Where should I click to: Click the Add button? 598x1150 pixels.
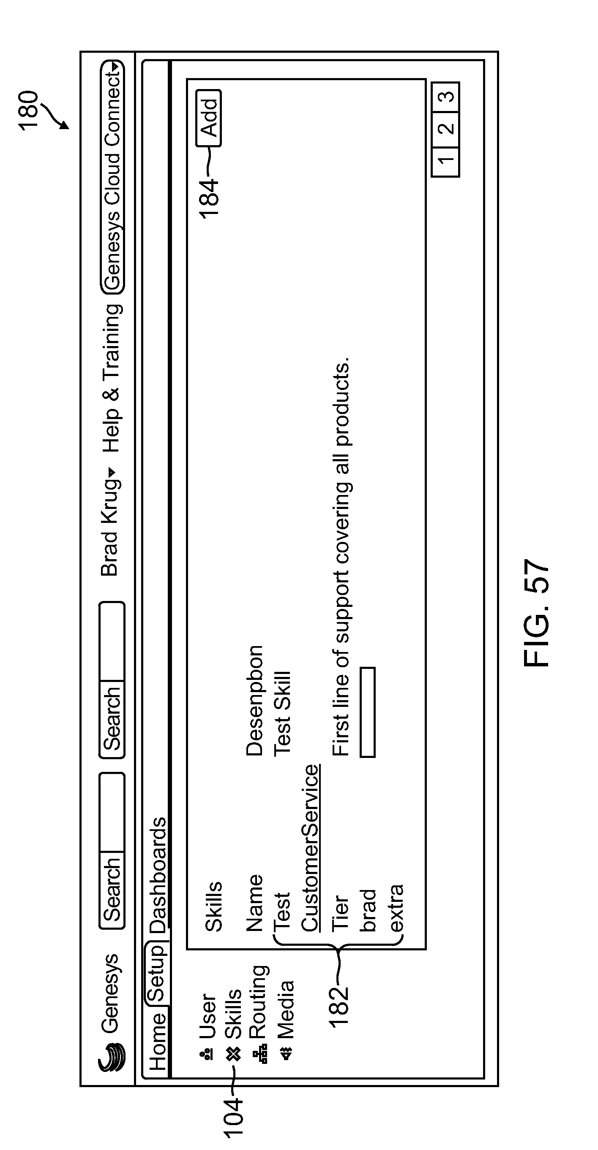[x=209, y=118]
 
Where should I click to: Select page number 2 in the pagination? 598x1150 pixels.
[x=445, y=129]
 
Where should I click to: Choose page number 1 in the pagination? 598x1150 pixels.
[x=445, y=160]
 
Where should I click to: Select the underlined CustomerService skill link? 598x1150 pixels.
[x=310, y=848]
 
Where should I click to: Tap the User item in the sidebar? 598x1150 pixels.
[x=208, y=1027]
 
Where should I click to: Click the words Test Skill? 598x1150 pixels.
[x=282, y=714]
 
